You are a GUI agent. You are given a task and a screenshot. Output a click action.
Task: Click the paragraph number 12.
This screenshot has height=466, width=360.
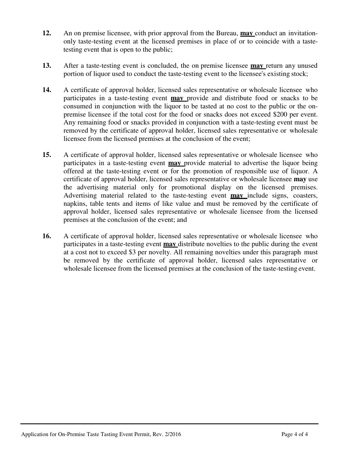47,33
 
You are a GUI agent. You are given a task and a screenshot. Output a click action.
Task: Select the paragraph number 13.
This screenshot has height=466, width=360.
47,66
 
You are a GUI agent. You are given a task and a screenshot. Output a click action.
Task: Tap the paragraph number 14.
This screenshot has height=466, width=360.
47,90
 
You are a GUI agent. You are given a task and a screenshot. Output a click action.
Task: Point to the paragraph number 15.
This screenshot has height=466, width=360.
47,155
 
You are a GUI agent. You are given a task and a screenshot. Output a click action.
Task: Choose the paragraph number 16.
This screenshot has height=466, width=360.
47,236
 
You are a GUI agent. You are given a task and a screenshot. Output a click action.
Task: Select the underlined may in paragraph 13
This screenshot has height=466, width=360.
257,66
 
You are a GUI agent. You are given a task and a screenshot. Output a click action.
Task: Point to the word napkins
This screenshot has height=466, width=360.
75,204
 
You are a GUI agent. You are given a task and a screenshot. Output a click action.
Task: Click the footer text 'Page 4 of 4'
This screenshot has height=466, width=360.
294,435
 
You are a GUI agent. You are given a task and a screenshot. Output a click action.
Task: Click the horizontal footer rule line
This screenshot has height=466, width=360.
169,424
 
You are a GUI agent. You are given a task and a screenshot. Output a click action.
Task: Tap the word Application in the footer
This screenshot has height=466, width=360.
35,435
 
